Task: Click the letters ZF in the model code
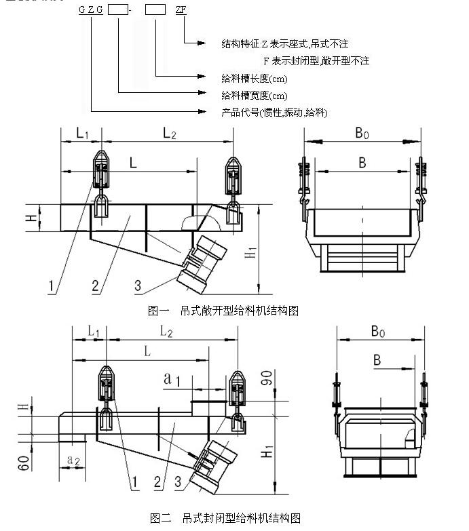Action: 181,11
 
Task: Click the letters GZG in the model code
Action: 90,11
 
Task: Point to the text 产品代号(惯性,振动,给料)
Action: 274,112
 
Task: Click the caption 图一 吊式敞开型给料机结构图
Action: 223,311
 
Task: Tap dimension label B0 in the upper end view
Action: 363,134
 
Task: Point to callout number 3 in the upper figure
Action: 138,286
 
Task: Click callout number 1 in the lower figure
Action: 135,482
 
